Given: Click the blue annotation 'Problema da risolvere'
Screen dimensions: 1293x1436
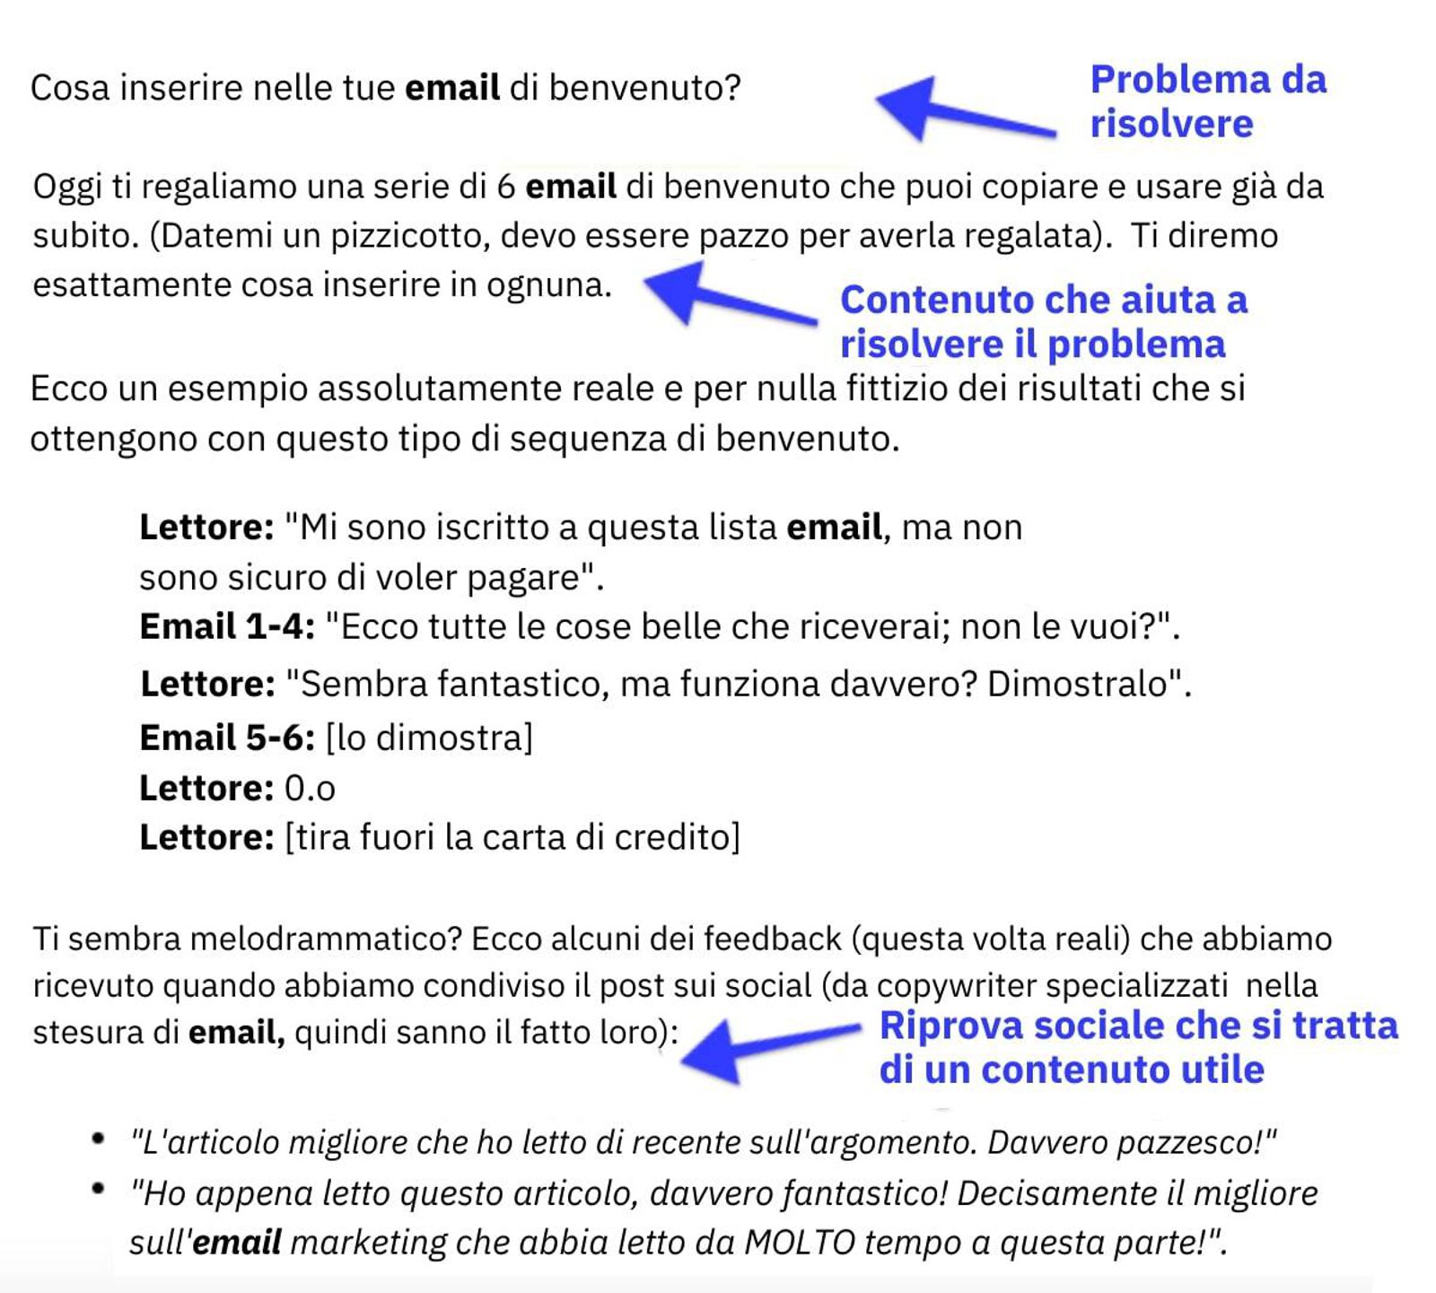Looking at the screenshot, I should click(1207, 101).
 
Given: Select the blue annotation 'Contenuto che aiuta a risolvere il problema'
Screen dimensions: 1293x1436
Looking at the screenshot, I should click(1043, 321).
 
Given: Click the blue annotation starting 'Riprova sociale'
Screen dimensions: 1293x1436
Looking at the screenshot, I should click(1138, 1047).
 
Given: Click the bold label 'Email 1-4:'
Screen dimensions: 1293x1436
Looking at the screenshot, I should click(227, 626).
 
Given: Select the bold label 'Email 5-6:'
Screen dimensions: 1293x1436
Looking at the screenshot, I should click(227, 738).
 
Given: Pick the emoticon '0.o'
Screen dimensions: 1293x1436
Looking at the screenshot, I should click(310, 789).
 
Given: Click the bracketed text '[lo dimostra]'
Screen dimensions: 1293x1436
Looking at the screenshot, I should click(429, 738).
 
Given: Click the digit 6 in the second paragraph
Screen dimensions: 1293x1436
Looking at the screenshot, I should click(505, 187).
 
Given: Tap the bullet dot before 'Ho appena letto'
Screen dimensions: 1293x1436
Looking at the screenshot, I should click(98, 1190).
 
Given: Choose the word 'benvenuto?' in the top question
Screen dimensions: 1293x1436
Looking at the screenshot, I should click(644, 88).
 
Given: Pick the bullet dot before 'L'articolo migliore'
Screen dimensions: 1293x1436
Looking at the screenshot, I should click(98, 1139).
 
